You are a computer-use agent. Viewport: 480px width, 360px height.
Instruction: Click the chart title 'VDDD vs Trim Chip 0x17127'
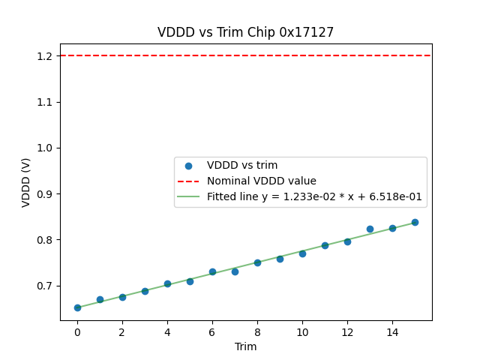click(245, 32)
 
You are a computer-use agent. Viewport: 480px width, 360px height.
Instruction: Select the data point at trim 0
click(77, 307)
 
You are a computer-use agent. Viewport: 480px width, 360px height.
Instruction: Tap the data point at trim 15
click(415, 222)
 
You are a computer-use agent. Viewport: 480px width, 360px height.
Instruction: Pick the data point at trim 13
click(370, 229)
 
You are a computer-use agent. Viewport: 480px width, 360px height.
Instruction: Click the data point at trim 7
click(235, 271)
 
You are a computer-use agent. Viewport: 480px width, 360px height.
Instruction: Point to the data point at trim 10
click(302, 253)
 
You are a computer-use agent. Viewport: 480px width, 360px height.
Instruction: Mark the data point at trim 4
click(167, 284)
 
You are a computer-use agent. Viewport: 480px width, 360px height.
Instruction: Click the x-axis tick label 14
click(392, 331)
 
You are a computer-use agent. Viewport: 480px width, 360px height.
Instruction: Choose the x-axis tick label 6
click(212, 331)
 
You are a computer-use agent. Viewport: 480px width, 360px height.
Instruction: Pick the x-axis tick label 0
click(77, 331)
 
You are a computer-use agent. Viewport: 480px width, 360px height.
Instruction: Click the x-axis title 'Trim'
click(245, 346)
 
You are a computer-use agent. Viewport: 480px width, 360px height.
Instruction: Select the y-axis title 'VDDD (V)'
click(26, 182)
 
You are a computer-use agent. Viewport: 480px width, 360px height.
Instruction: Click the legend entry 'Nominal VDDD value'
click(262, 181)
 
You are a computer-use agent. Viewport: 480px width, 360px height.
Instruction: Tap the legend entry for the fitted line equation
click(314, 197)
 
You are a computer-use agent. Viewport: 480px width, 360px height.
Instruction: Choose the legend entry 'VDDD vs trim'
click(242, 165)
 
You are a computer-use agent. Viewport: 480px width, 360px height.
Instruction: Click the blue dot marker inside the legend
click(188, 165)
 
